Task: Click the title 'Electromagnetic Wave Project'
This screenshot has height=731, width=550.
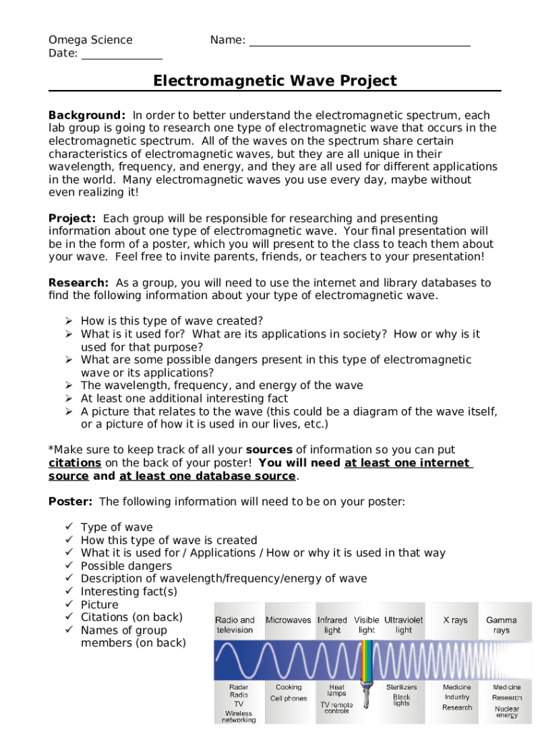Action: coord(275,81)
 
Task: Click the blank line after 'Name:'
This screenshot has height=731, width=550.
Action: coord(359,41)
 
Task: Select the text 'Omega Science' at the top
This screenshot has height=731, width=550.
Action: coord(90,40)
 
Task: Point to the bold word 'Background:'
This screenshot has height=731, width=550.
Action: coord(87,115)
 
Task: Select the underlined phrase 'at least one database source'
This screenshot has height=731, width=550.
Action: coord(207,475)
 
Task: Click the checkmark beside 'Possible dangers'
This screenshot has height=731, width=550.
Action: coord(69,565)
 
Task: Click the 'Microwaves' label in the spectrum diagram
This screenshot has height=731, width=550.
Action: coord(289,620)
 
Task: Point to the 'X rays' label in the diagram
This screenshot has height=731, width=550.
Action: coord(455,620)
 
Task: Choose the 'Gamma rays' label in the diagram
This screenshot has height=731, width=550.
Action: coord(501,625)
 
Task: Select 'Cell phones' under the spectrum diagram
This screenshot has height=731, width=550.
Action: coord(289,699)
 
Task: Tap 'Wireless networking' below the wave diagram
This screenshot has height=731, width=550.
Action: coord(239,716)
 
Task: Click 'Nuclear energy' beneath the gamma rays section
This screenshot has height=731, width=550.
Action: coord(507,712)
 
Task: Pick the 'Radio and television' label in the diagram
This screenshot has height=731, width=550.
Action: coord(235,625)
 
